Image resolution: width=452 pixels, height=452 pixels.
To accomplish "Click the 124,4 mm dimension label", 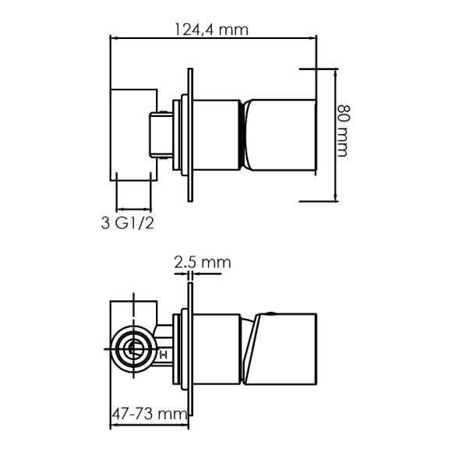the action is (212, 30).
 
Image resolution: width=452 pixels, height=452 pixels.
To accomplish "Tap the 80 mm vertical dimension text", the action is (344, 131).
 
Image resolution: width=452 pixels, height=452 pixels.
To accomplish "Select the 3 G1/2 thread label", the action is (127, 223).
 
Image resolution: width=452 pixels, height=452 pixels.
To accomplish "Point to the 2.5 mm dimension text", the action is (203, 263).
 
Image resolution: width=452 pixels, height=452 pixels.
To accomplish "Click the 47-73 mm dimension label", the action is (150, 415).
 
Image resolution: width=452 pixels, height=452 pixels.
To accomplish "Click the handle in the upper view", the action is (281, 136).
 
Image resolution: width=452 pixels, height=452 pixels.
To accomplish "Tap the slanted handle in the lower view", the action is (280, 349).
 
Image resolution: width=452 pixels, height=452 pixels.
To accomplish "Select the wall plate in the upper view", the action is (190, 135).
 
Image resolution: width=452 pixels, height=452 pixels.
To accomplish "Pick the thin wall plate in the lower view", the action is (190, 349).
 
